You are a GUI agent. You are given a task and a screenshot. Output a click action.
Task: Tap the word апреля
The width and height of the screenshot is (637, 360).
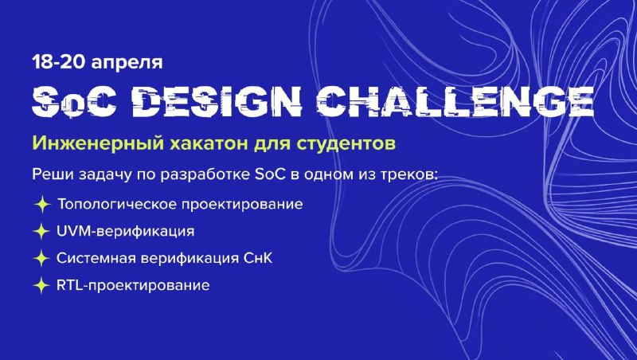(127, 64)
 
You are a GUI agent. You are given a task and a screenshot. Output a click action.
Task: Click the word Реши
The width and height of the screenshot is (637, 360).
(51, 175)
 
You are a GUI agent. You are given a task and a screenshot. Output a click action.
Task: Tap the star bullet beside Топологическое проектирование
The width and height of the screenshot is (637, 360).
(42, 204)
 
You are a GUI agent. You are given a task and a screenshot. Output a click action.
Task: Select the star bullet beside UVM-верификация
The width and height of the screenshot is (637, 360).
(41, 231)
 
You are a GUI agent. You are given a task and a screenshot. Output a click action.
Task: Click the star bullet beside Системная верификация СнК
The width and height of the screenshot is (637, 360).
(41, 258)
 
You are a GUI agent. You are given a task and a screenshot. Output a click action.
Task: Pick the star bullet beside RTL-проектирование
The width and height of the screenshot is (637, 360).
(41, 286)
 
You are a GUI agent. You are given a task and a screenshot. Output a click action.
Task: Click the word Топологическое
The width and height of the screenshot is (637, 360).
(117, 204)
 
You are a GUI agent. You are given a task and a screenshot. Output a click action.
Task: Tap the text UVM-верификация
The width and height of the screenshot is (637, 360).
(126, 232)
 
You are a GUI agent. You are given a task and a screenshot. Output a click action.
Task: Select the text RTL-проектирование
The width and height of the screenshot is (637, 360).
(133, 286)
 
